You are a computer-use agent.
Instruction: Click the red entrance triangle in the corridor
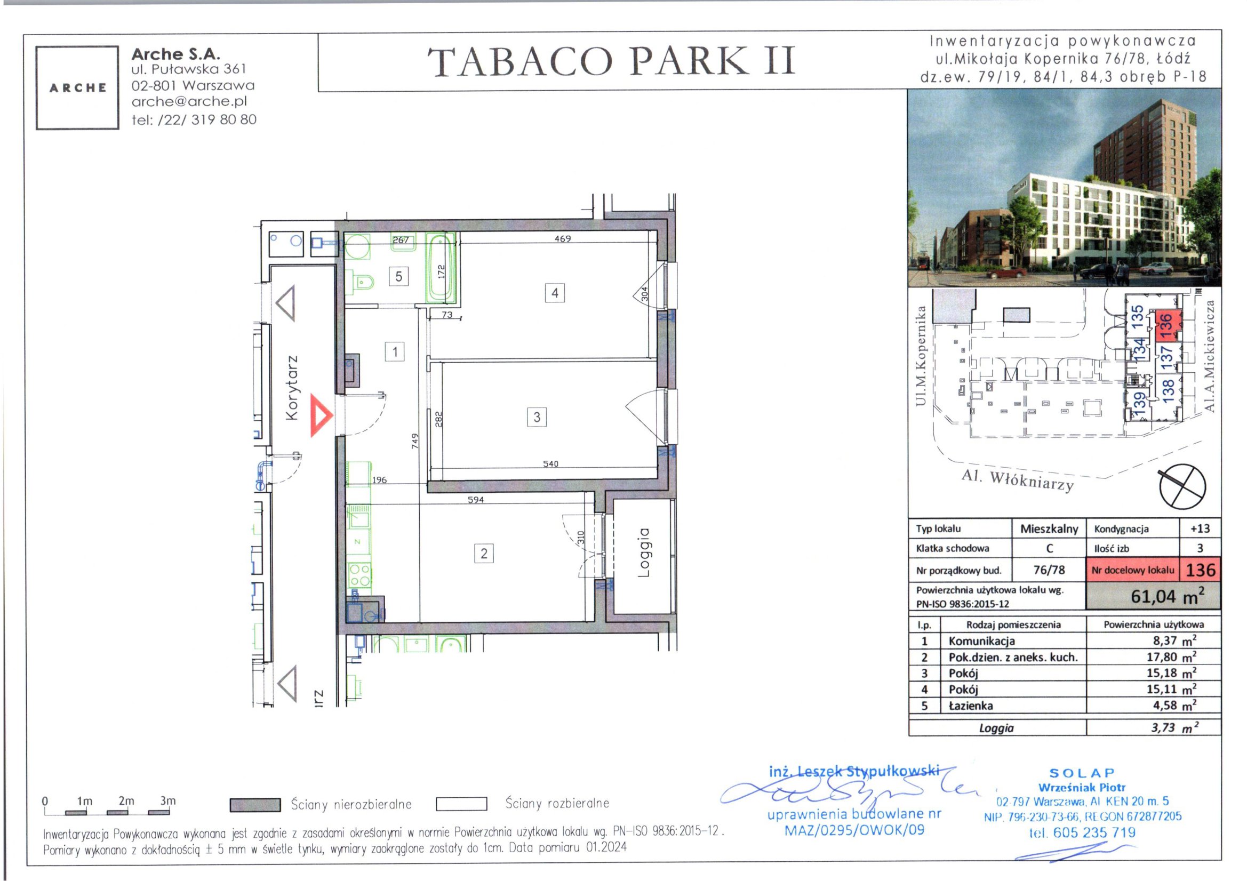[x=320, y=416]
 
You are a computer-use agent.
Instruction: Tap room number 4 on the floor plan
[x=555, y=293]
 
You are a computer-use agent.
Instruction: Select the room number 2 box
[x=484, y=554]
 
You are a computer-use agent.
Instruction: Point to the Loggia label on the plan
[x=644, y=552]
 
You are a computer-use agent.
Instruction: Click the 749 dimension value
[x=415, y=440]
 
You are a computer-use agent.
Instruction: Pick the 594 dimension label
[x=476, y=500]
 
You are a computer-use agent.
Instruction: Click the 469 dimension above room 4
[x=563, y=238]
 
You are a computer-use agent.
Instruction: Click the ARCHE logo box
[x=78, y=88]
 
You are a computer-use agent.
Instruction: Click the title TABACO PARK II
[x=612, y=61]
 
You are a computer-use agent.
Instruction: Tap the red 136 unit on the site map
[x=1168, y=326]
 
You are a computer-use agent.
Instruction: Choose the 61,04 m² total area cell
[x=1153, y=596]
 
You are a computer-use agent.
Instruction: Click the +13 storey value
[x=1200, y=528]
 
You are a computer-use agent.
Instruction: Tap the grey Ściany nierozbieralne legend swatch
[x=255, y=804]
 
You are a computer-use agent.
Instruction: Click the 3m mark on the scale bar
[x=168, y=800]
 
